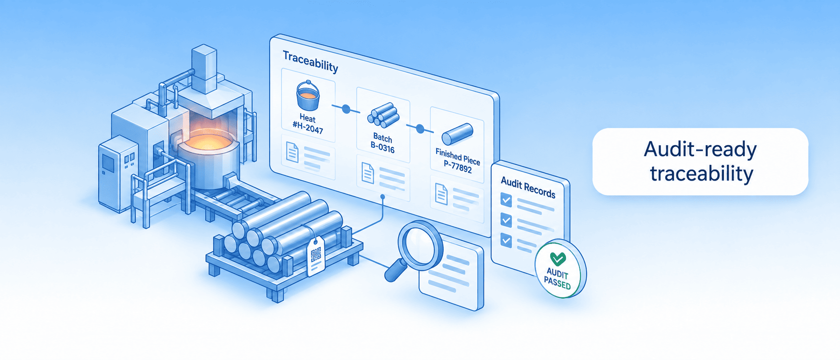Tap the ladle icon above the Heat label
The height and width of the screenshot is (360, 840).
pos(308,96)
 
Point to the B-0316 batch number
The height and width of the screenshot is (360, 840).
pos(382,147)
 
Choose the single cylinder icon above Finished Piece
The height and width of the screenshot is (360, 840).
pos(457,134)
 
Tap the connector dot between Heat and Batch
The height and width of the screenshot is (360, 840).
pos(346,109)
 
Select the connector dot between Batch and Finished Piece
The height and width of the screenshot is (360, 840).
pos(420,129)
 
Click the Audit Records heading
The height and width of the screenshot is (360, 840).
pos(528,188)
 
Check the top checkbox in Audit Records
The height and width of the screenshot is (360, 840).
pos(506,200)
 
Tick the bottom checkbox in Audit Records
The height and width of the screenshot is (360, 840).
pos(506,240)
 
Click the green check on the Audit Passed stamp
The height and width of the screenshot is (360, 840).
pos(558,259)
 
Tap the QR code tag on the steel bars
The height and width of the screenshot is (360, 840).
pos(316,256)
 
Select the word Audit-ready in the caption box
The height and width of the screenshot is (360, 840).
pos(700,150)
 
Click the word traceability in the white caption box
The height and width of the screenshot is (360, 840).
pos(701,174)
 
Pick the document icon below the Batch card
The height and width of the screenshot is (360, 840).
pos(368,173)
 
